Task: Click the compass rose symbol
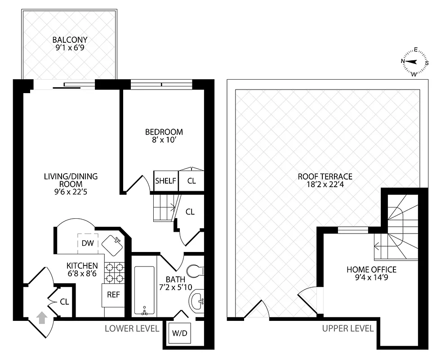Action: click(x=414, y=62)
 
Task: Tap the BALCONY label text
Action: click(x=69, y=40)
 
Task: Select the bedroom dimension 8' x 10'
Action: click(x=164, y=140)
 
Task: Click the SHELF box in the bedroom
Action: click(x=165, y=181)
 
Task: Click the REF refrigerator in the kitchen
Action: click(x=113, y=295)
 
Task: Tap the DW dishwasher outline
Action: click(x=88, y=243)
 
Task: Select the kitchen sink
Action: click(x=113, y=244)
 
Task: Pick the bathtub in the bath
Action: click(x=144, y=290)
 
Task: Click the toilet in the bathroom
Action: click(x=196, y=271)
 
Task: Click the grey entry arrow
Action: click(x=41, y=318)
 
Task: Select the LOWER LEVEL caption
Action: click(x=132, y=328)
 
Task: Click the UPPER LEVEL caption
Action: click(x=347, y=328)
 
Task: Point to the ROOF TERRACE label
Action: click(x=325, y=176)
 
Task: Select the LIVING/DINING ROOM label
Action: click(x=71, y=180)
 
